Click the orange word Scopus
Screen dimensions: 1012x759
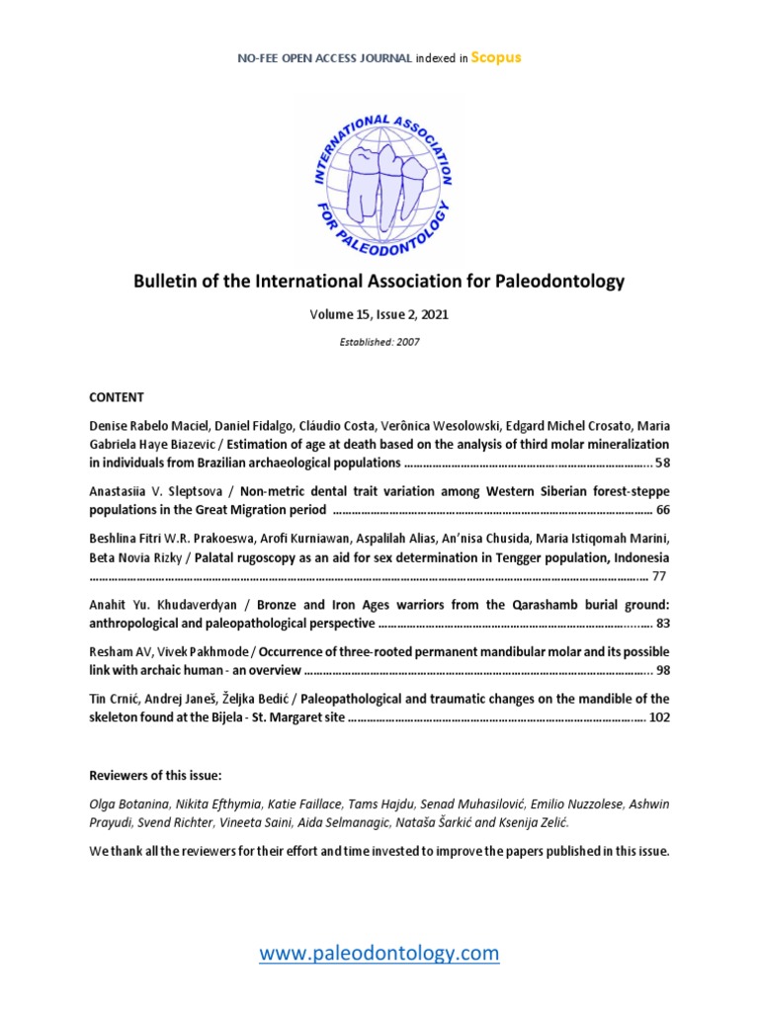495,57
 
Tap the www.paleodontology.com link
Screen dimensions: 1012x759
379,953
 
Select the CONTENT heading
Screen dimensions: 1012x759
117,397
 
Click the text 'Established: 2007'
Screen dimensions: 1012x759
379,342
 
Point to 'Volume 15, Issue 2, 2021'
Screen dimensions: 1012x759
379,314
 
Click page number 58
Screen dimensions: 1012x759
662,463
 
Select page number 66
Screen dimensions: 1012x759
662,511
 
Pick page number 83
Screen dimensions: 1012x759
662,624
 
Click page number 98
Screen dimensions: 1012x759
662,671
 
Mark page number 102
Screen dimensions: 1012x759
659,718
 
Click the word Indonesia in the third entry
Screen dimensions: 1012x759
640,557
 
